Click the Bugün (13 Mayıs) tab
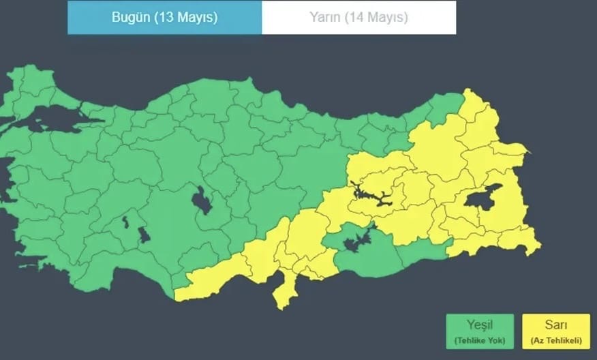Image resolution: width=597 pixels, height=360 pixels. tap(164, 18)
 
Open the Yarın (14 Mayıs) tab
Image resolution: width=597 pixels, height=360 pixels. tap(359, 18)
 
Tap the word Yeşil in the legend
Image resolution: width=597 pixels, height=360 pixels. tap(479, 325)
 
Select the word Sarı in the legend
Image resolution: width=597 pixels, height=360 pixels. tap(555, 325)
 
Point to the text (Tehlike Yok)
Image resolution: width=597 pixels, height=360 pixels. tap(479, 340)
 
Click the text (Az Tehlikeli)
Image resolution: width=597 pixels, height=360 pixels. tap(555, 340)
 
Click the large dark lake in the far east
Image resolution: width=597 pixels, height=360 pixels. tap(485, 197)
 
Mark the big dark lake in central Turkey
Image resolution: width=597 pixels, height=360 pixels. tap(202, 201)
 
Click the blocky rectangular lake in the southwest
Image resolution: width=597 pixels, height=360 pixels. tap(144, 235)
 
